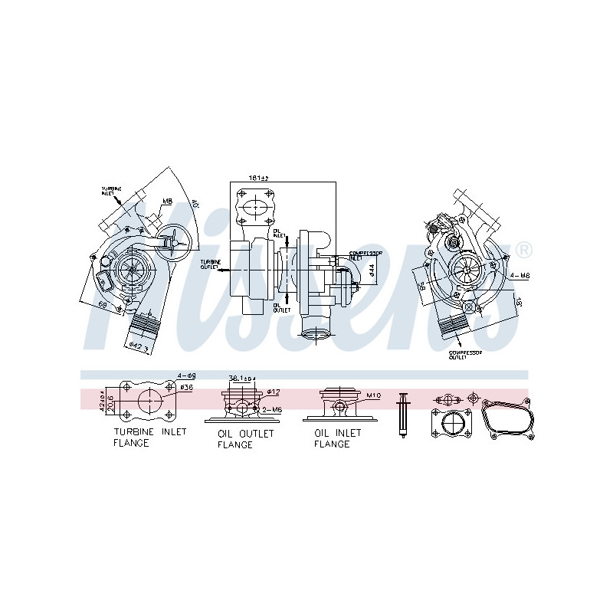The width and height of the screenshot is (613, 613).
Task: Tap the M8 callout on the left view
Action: pyautogui.click(x=167, y=202)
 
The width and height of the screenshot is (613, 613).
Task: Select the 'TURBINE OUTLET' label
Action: pyautogui.click(x=212, y=264)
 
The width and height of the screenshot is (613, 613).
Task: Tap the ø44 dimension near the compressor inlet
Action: pyautogui.click(x=371, y=269)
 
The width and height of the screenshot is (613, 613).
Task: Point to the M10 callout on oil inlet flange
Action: pyautogui.click(x=373, y=395)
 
